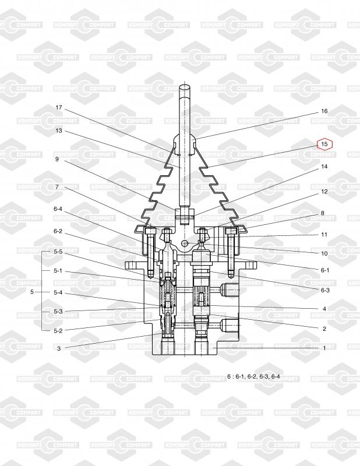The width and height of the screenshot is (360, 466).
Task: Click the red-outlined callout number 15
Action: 324,144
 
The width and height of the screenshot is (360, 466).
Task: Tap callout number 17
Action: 59,107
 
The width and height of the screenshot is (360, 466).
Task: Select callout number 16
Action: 324,111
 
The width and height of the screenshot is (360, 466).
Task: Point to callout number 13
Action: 59,130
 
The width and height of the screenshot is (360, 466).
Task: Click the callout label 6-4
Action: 58,209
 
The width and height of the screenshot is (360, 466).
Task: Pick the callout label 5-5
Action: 58,252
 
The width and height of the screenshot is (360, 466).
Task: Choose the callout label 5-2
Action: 58,331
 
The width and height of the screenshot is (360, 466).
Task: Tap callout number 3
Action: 59,348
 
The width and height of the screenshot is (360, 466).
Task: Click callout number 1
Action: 324,348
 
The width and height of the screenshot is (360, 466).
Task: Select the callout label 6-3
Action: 325,290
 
